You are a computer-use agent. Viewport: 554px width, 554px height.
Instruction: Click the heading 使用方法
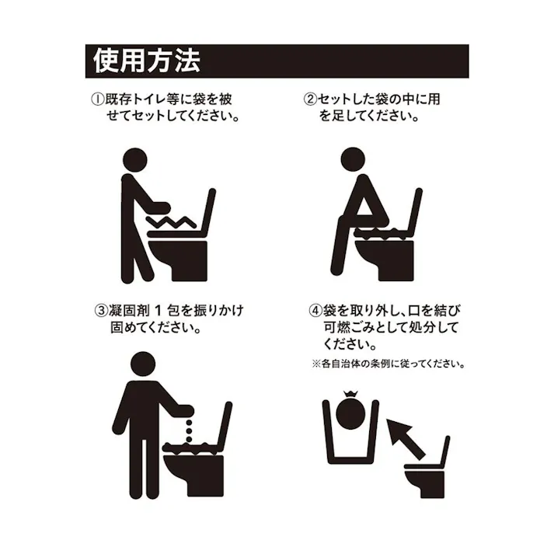click(145, 61)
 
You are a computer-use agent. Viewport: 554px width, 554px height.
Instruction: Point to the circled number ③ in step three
click(100, 311)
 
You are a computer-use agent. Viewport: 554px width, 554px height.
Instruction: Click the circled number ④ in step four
click(315, 311)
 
